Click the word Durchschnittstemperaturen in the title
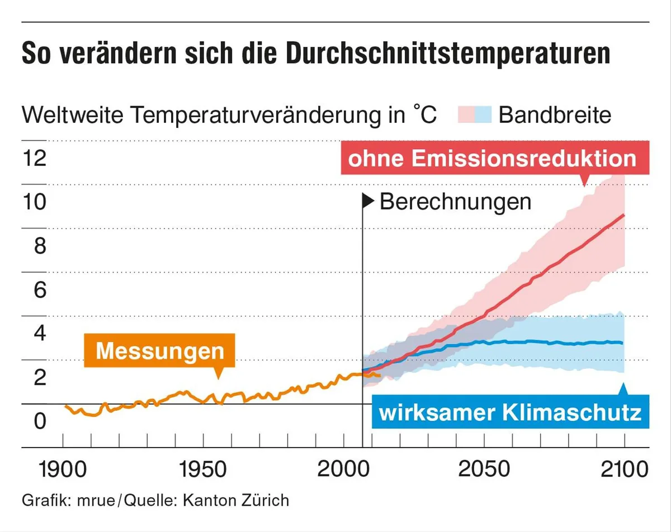tap(437, 54)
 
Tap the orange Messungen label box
tap(160, 350)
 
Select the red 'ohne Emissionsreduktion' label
tap(492, 158)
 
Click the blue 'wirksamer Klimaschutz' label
tap(510, 413)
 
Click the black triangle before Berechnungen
tap(368, 201)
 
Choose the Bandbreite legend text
tap(555, 115)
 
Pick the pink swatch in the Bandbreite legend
tap(466, 115)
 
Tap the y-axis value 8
tap(40, 246)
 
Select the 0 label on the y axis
tap(40, 421)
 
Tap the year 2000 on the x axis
tap(342, 468)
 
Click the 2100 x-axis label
tap(623, 468)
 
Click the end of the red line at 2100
tap(623, 215)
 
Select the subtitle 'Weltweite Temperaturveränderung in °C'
tap(229, 115)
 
